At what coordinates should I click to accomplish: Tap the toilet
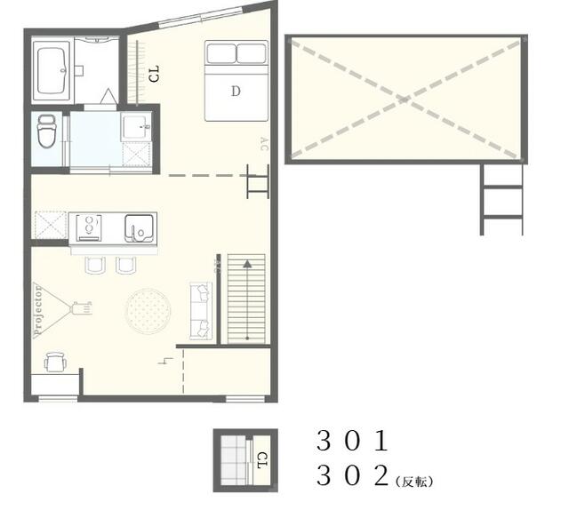[46, 131]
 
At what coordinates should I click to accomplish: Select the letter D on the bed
[236, 91]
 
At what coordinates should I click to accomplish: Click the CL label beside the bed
[154, 74]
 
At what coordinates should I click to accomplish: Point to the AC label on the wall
[264, 144]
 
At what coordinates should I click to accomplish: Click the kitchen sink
[139, 228]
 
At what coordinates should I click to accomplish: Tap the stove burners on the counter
[89, 227]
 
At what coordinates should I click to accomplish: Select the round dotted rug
[148, 311]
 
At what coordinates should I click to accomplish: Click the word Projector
[37, 310]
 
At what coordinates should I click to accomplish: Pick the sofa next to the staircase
[201, 311]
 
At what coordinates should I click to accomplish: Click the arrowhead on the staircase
[247, 263]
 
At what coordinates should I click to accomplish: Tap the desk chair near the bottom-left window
[55, 362]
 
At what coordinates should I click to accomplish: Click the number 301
[352, 441]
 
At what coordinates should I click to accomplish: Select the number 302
[352, 475]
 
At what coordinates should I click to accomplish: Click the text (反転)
[414, 482]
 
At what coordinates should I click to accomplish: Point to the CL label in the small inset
[262, 460]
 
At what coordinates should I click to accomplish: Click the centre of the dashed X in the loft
[405, 99]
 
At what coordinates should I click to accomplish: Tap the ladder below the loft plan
[501, 199]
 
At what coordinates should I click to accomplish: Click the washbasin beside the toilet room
[136, 127]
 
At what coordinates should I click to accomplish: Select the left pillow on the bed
[221, 53]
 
